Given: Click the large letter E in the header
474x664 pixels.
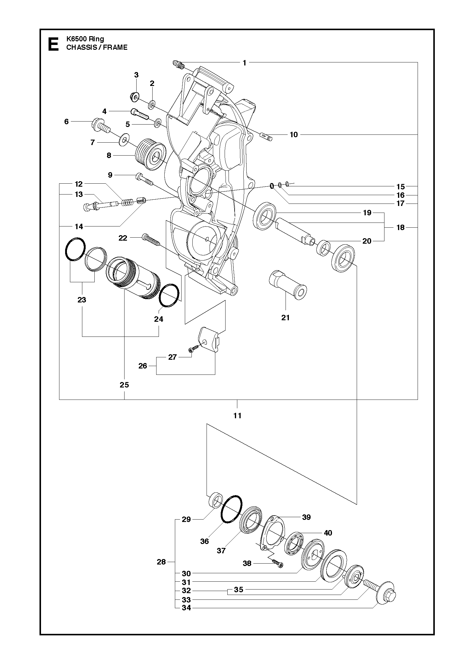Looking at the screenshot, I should tap(53, 44).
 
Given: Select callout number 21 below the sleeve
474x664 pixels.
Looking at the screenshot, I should tap(285, 317).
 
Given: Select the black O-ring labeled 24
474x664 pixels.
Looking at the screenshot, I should tap(169, 295).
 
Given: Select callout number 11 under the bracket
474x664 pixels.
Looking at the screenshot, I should tap(237, 416).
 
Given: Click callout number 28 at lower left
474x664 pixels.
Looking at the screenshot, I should tap(161, 561).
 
